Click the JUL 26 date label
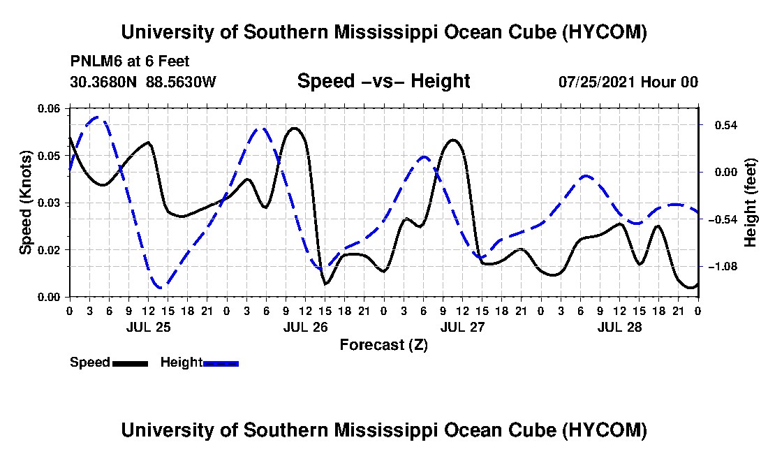(x=306, y=327)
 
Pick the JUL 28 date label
(x=619, y=327)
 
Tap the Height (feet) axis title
(x=751, y=203)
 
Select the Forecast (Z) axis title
(x=384, y=345)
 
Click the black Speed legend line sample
(x=130, y=363)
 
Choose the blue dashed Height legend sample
(x=221, y=363)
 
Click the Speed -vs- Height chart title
(x=384, y=81)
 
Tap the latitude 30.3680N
(x=103, y=82)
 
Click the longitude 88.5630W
(x=181, y=82)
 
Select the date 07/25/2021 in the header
(x=598, y=82)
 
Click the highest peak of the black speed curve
(x=295, y=129)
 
